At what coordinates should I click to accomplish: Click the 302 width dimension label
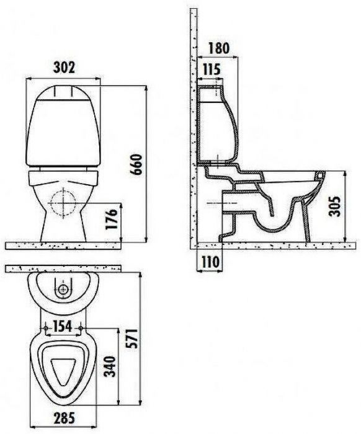click(x=64, y=67)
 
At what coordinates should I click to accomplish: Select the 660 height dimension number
click(x=136, y=164)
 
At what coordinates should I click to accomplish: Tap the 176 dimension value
click(x=112, y=219)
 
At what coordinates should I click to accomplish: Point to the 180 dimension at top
click(x=219, y=48)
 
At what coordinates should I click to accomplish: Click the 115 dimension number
click(x=212, y=69)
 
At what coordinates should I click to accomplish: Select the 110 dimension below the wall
click(x=210, y=262)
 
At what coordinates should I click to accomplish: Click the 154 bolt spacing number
click(x=63, y=326)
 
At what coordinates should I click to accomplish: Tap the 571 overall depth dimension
click(x=131, y=339)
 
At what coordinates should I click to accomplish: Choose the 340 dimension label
click(x=109, y=366)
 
